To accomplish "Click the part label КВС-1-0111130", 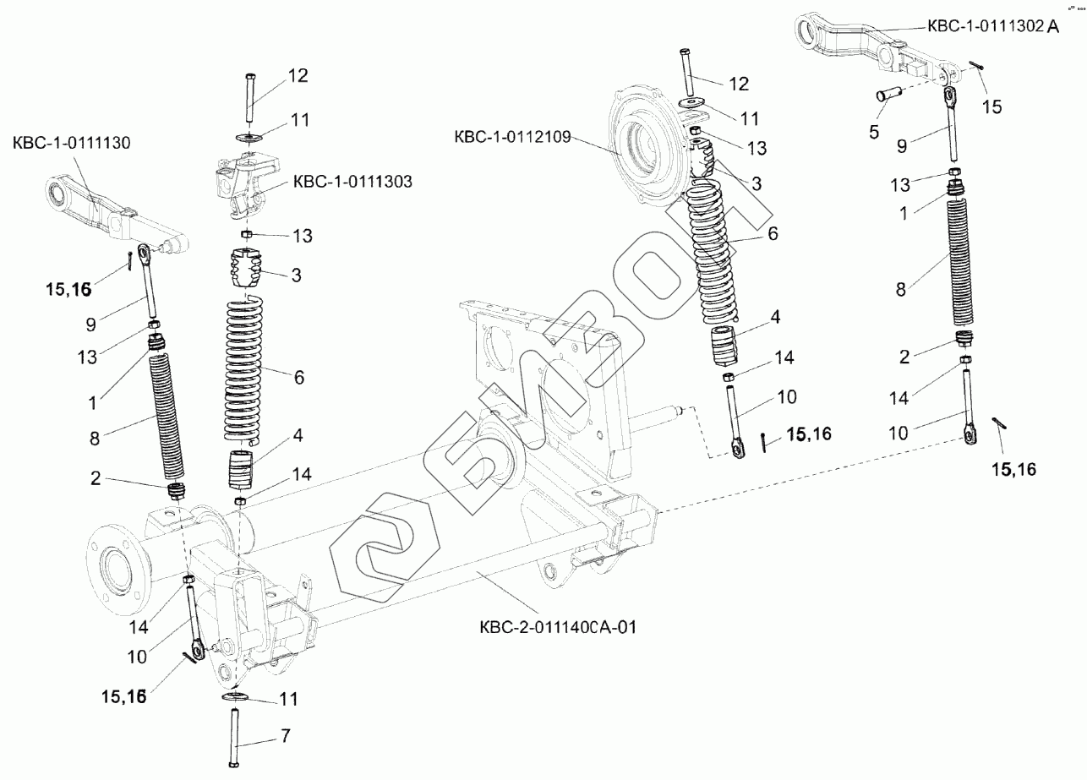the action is (x=72, y=144).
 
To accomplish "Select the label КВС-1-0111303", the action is (x=352, y=182).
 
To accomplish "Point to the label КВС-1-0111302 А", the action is (x=992, y=26).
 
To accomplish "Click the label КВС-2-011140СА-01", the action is (x=558, y=627).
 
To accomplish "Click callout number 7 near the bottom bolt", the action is (x=286, y=737).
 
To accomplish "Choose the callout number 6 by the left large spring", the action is (x=298, y=377).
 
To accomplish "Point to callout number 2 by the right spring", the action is (x=904, y=357).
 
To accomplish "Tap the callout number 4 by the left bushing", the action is (x=297, y=436).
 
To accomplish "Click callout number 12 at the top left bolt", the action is (x=298, y=75).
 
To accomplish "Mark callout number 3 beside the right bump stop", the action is (x=757, y=183).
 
